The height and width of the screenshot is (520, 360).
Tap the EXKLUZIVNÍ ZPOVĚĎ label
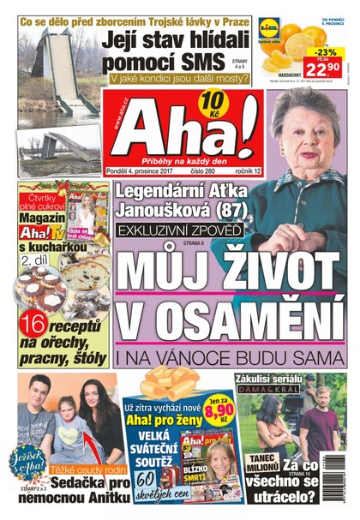tap(181, 230)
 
